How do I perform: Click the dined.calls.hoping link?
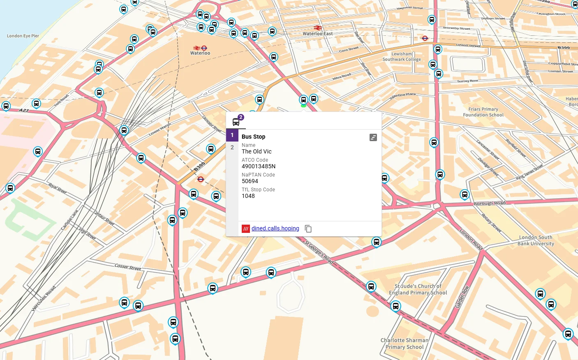(275, 228)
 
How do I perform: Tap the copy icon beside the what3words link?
(308, 229)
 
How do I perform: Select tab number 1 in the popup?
(232, 135)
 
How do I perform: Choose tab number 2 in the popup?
(232, 147)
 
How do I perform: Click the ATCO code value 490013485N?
(258, 166)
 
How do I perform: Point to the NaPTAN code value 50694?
(250, 181)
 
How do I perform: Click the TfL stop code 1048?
(248, 196)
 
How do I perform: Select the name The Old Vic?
(257, 151)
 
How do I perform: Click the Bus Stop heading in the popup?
(253, 137)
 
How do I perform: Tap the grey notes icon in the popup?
(373, 137)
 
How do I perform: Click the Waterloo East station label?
(318, 34)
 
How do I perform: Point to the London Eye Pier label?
(23, 36)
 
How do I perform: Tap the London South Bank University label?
(536, 240)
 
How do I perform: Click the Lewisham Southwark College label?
(402, 57)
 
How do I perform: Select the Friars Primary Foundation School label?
(483, 112)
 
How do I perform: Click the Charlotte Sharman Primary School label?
(405, 344)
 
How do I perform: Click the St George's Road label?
(319, 251)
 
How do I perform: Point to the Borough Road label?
(490, 203)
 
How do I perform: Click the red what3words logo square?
(246, 229)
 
